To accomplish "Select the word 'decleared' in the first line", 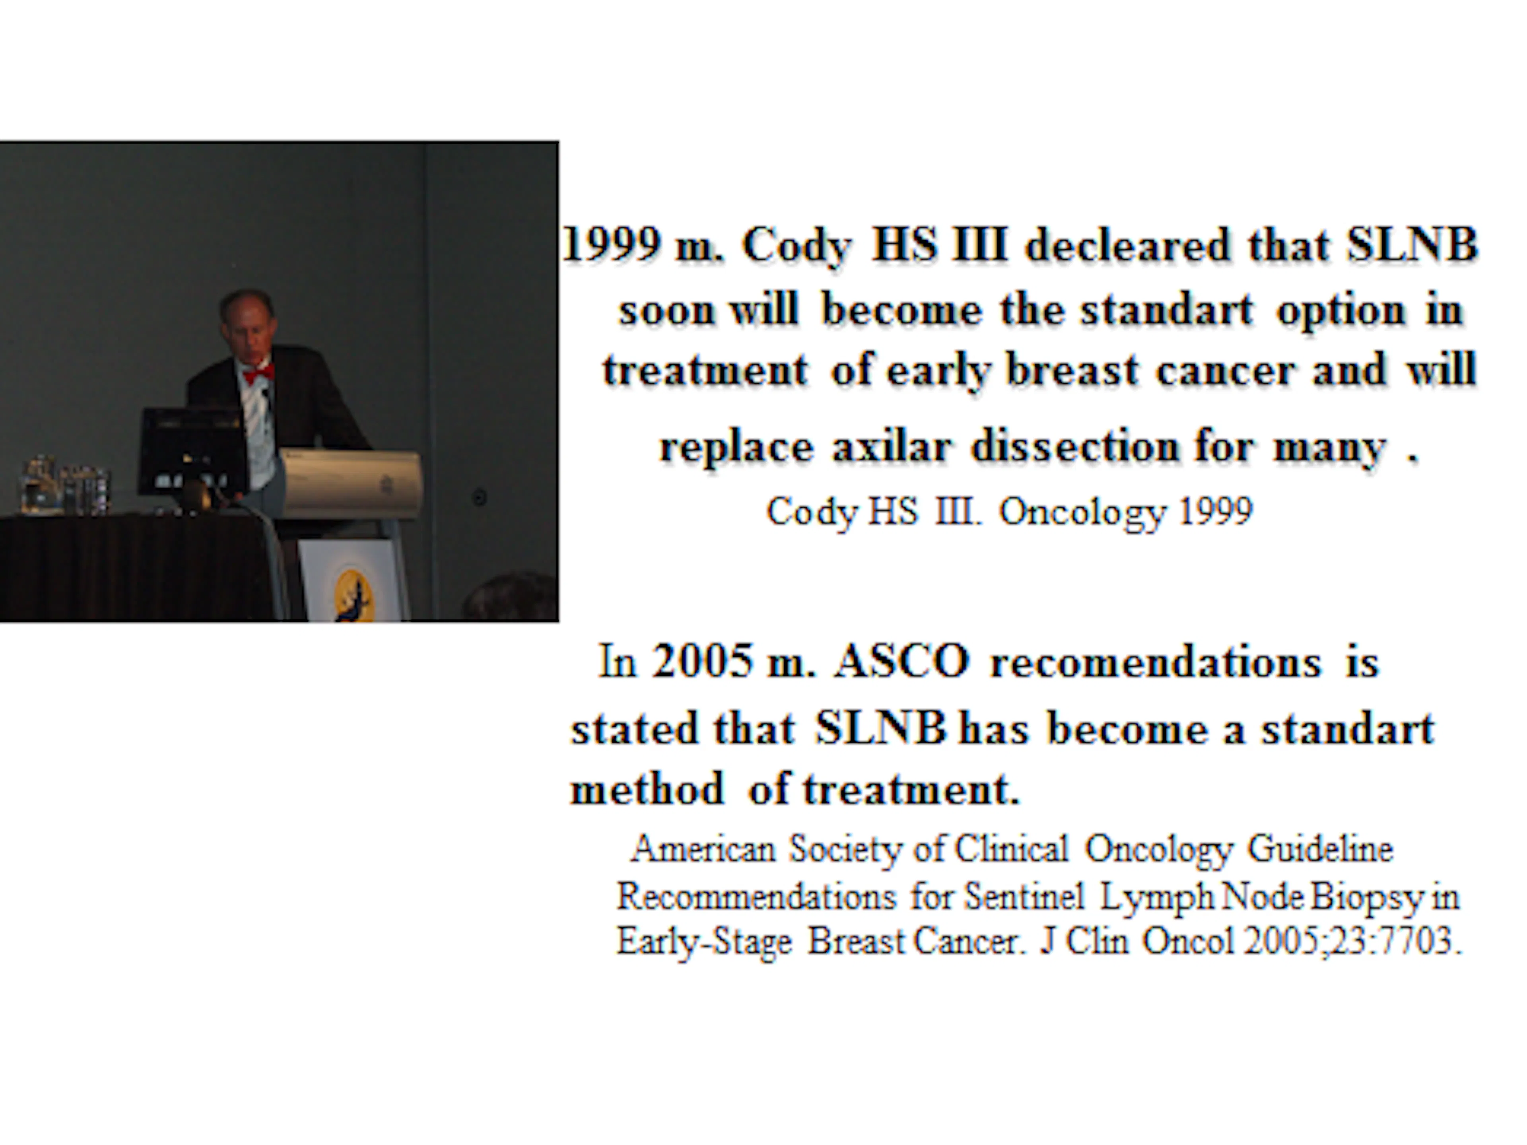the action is (x=1127, y=245).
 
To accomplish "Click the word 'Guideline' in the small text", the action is (x=1320, y=849).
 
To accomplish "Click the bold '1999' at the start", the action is (x=611, y=245).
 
